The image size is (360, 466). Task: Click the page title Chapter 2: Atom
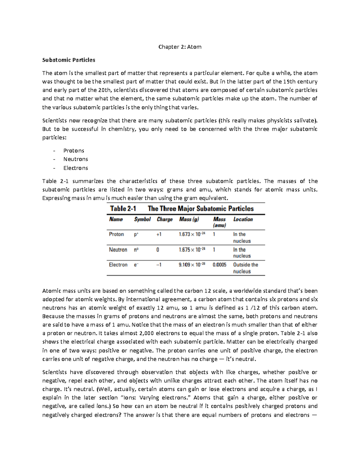[180, 47]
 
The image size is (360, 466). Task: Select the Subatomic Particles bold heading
[69, 60]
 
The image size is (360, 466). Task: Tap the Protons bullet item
[73, 151]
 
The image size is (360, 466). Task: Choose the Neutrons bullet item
[75, 159]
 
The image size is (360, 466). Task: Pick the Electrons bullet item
[75, 168]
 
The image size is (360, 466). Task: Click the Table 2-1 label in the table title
[123, 209]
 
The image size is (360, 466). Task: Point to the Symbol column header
[142, 219]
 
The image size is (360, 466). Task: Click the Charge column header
[164, 219]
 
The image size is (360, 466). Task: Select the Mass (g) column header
[189, 219]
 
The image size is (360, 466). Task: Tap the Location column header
[243, 219]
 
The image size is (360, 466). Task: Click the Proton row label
[116, 234]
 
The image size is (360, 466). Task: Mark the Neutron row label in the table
[118, 250]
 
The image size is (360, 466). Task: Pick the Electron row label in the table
[118, 265]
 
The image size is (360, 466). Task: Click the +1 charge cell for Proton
[159, 234]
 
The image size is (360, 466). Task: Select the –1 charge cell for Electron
[159, 265]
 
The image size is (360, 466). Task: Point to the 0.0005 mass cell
[219, 265]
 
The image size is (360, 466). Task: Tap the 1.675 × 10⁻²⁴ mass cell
[192, 250]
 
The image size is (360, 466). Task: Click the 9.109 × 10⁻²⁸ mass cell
[192, 265]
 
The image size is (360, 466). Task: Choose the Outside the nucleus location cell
[245, 268]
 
